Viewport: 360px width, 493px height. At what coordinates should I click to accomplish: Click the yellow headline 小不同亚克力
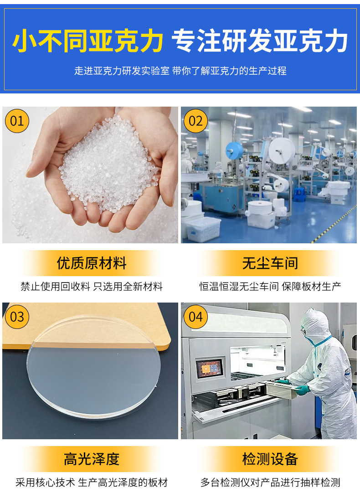coord(87,42)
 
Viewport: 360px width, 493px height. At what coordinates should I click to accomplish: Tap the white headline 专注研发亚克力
coord(260,42)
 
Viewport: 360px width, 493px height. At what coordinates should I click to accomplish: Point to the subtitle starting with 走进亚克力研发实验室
coord(180,71)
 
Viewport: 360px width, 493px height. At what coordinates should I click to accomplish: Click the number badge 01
coord(17,121)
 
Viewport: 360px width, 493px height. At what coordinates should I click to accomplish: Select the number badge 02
coord(195,121)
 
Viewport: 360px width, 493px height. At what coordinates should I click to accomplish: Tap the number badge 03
coord(17,316)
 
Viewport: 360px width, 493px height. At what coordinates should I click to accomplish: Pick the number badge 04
coord(195,316)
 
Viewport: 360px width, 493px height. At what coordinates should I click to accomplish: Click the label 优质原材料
coord(91,263)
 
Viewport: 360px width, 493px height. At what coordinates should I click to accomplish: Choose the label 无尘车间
coord(270,263)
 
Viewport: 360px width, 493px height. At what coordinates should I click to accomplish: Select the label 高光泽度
coord(91,459)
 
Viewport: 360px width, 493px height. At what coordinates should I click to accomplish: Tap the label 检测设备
coord(270,459)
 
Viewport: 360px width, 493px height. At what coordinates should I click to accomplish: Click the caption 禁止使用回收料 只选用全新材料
coord(91,287)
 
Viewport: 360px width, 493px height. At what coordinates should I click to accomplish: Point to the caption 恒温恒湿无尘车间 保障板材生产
coord(270,287)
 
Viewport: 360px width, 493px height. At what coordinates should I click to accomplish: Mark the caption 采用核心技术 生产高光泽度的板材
coord(91,482)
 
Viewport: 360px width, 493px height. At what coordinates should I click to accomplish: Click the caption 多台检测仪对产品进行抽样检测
coord(270,482)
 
